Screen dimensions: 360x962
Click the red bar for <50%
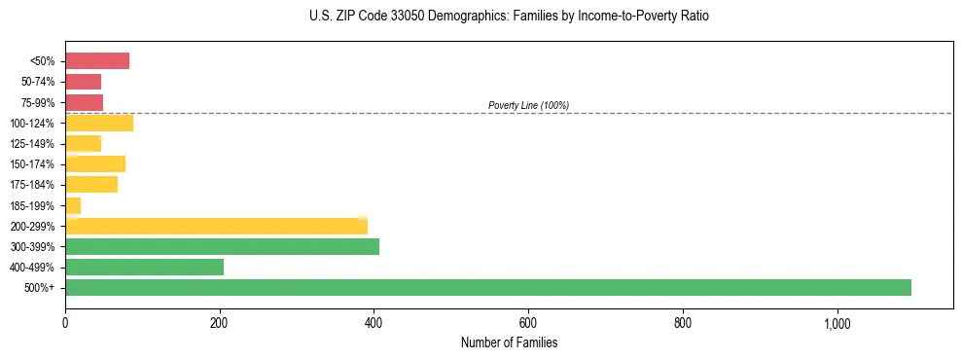(97, 61)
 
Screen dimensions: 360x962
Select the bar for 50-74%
(83, 82)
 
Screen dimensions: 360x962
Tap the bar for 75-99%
(84, 102)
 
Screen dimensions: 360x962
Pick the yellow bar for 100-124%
(99, 123)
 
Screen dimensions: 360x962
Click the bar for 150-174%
(95, 163)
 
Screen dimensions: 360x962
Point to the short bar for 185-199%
(73, 205)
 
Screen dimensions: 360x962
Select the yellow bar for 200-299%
(216, 226)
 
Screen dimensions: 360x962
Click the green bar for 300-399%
(222, 246)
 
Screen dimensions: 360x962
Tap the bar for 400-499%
(144, 267)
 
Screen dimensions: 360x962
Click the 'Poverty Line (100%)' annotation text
(528, 105)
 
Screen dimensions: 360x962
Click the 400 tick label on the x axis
(374, 323)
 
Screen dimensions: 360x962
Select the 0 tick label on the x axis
(65, 323)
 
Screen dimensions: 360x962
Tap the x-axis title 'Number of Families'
(509, 342)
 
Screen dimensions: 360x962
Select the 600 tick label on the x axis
(528, 323)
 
